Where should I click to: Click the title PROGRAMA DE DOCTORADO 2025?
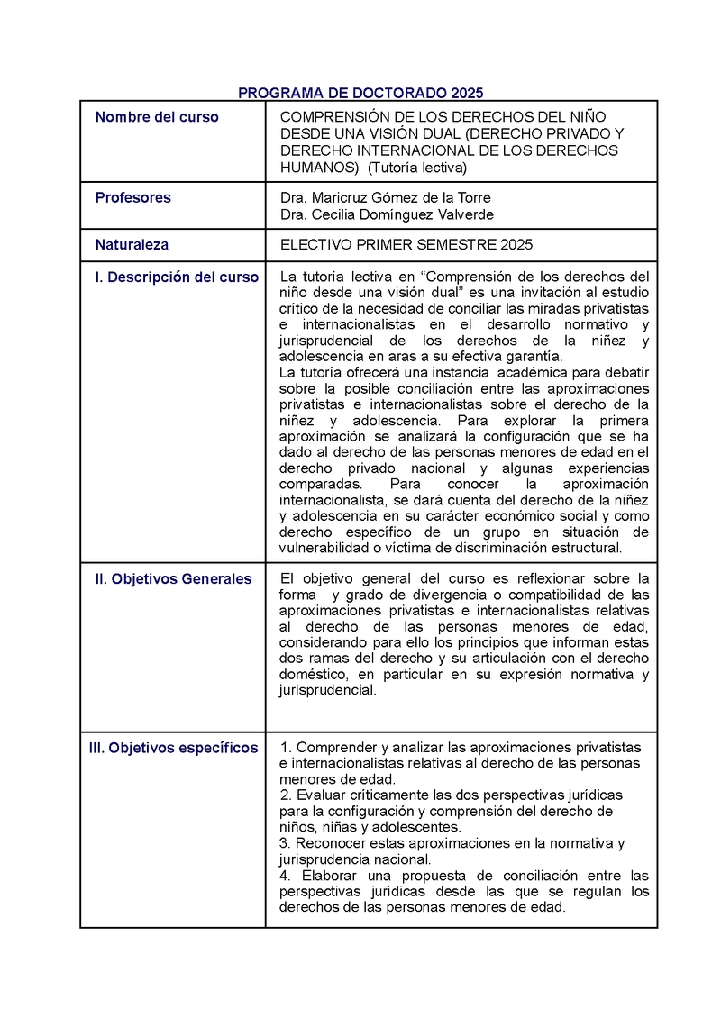point(360,93)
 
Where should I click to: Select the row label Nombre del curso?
point(157,117)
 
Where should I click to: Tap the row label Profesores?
point(132,197)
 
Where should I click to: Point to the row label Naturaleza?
point(132,244)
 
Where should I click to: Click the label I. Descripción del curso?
point(177,277)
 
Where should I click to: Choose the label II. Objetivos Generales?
point(173,579)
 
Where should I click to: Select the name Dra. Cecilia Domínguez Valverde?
point(387,214)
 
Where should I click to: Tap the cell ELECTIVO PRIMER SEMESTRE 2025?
point(406,244)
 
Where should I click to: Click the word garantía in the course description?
point(535,357)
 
